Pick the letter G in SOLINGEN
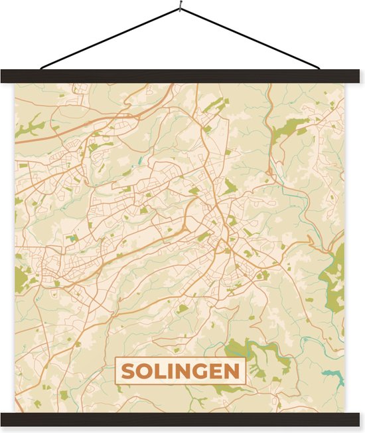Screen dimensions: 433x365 198,371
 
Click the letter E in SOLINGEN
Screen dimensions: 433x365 215,371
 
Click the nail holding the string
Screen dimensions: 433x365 180,7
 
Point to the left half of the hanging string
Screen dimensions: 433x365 110,39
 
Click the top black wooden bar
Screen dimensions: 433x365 183,76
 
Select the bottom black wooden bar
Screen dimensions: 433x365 183,419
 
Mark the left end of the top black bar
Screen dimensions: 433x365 5,76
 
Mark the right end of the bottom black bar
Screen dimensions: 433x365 360,419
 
